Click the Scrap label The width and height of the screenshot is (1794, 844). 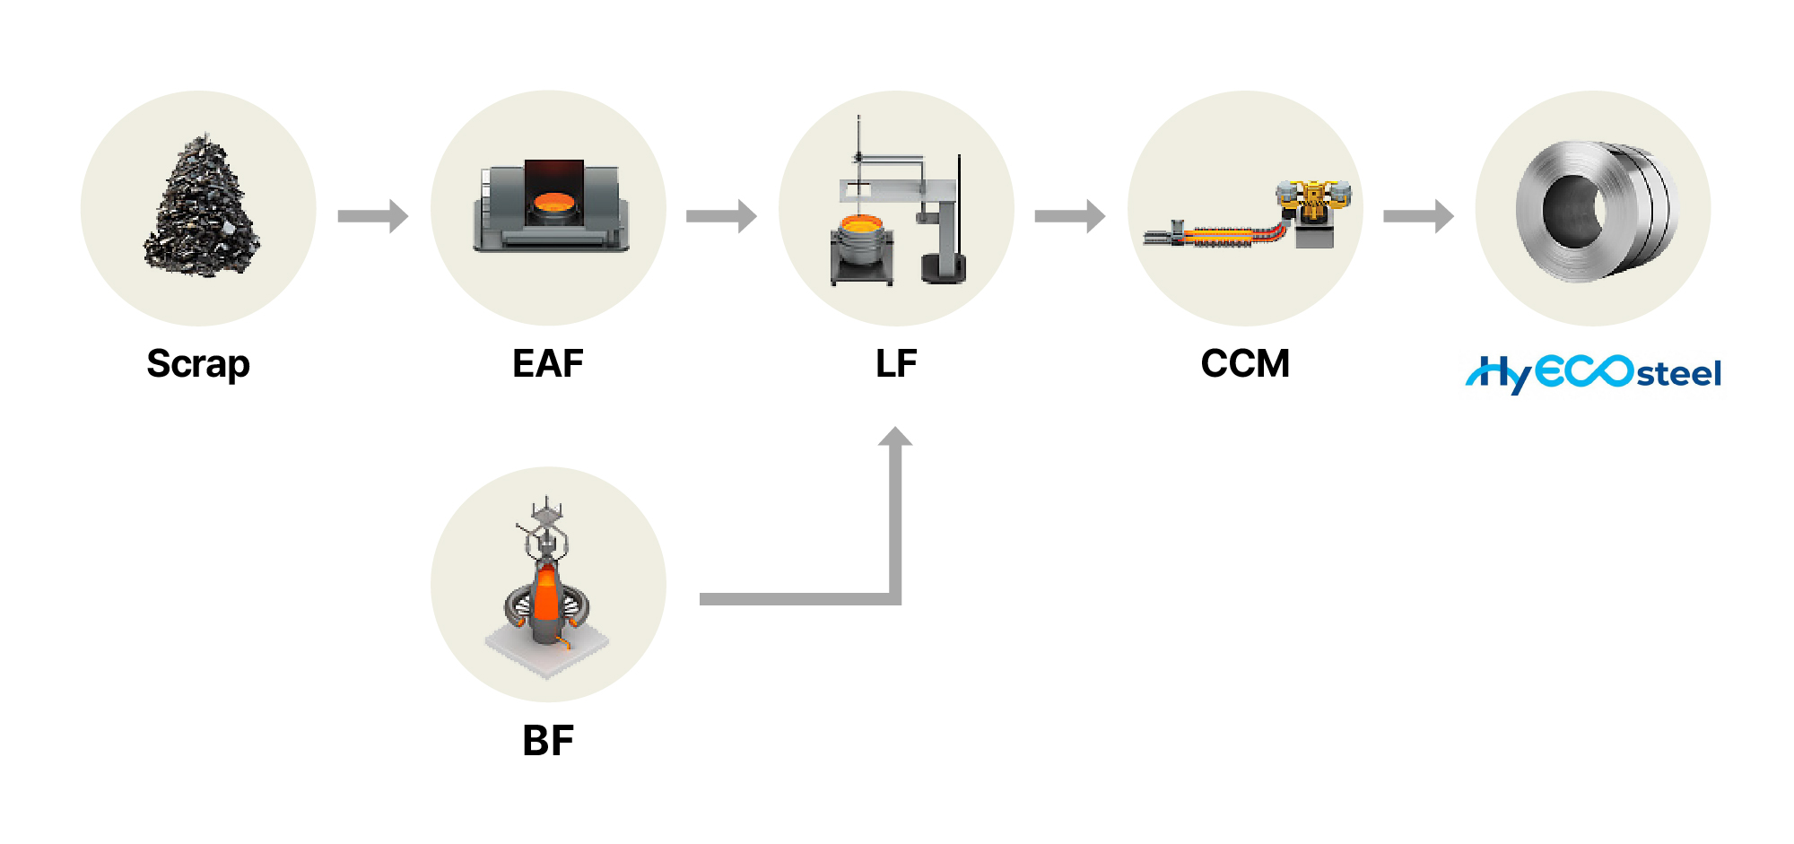pyautogui.click(x=198, y=364)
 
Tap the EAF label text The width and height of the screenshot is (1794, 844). pyautogui.click(x=548, y=363)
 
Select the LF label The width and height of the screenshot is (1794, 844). pyautogui.click(x=896, y=363)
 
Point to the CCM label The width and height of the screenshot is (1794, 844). pyautogui.click(x=1245, y=363)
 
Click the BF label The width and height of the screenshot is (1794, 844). pyautogui.click(x=548, y=741)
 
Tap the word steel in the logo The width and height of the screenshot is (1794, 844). pyautogui.click(x=1679, y=374)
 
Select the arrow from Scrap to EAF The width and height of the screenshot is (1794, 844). pyautogui.click(x=373, y=215)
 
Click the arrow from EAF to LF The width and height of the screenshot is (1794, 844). pyautogui.click(x=722, y=215)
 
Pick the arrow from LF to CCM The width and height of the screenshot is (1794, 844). pyautogui.click(x=1070, y=215)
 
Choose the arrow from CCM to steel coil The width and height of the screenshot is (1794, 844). pyautogui.click(x=1419, y=215)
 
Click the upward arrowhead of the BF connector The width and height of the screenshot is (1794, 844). pyautogui.click(x=895, y=437)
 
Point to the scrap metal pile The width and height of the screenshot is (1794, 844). pyautogui.click(x=202, y=206)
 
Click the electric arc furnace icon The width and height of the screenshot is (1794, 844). pyautogui.click(x=550, y=206)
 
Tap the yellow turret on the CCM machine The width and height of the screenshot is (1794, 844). pyautogui.click(x=1313, y=199)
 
